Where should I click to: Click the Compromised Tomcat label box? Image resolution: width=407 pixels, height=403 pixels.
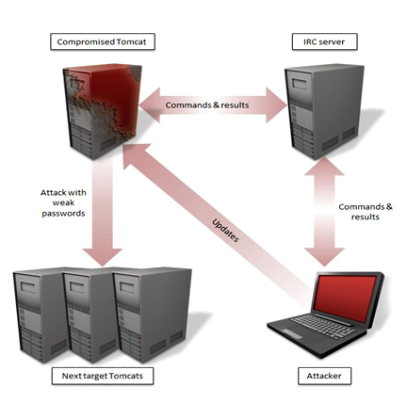103,41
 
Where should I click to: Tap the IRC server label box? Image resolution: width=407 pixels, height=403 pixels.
324,41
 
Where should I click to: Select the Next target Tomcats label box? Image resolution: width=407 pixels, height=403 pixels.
103,376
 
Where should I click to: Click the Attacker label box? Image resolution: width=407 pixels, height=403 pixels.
324,376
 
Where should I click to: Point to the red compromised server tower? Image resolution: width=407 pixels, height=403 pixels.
102,111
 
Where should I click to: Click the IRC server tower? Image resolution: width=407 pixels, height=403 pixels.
324,111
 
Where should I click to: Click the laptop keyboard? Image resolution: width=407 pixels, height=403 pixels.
323,327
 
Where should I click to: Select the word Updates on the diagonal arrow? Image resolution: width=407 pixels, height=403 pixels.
225,231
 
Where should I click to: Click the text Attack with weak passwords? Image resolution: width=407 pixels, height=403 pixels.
63,202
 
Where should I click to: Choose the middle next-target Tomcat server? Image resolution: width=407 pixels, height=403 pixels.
90,315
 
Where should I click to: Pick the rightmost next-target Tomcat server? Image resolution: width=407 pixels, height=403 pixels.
153,315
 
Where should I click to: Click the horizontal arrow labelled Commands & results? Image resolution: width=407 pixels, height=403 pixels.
213,105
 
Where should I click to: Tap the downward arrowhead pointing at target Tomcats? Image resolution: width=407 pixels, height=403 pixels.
103,257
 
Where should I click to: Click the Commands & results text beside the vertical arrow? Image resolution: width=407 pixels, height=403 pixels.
366,212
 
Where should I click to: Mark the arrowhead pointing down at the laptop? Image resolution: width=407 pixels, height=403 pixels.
324,257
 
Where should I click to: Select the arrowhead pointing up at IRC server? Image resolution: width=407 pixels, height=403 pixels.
324,167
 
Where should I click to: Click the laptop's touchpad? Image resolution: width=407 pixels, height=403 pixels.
292,333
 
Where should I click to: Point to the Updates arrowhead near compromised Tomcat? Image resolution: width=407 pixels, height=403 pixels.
135,157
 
